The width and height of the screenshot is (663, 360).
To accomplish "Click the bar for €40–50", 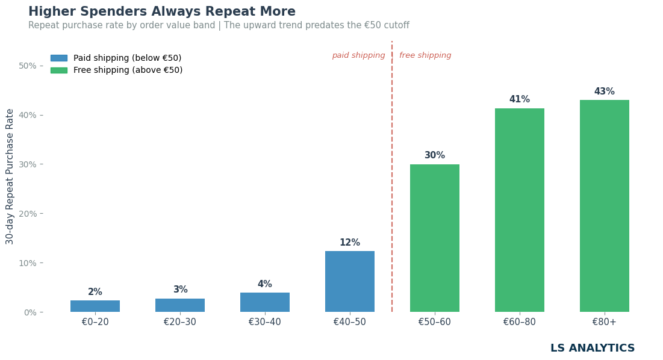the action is [350, 281].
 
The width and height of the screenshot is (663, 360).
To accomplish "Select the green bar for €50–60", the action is [435, 238].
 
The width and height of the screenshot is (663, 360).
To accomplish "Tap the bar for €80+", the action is [604, 206].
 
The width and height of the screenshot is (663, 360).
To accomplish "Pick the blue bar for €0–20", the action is [95, 306].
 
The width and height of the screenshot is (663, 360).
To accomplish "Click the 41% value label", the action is [519, 99].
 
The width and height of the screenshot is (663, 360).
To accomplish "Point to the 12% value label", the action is [350, 243].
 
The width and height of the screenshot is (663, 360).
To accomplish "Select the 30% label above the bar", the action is [435, 155].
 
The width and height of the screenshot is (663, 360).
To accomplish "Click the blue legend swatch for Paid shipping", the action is [59, 58].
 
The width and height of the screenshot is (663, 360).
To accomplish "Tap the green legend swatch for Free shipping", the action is [59, 70].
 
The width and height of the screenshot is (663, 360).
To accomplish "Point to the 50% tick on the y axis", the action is [28, 66].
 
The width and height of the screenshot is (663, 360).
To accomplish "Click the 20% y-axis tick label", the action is [28, 214].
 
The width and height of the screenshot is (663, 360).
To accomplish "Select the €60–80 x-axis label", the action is [519, 322].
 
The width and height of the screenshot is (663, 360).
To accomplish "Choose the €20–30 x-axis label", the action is [179, 322].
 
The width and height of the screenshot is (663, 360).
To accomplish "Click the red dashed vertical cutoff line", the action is [392, 176].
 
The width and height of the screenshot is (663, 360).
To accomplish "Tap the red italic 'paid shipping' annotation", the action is [358, 55].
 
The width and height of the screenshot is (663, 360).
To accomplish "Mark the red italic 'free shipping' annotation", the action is [425, 55].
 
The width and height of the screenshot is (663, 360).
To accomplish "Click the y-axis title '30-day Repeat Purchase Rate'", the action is [9, 176].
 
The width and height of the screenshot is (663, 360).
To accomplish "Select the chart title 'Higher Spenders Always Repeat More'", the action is [162, 11].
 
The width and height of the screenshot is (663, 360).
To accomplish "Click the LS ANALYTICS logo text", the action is [593, 348].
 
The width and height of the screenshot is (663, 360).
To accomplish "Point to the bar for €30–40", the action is [265, 303].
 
